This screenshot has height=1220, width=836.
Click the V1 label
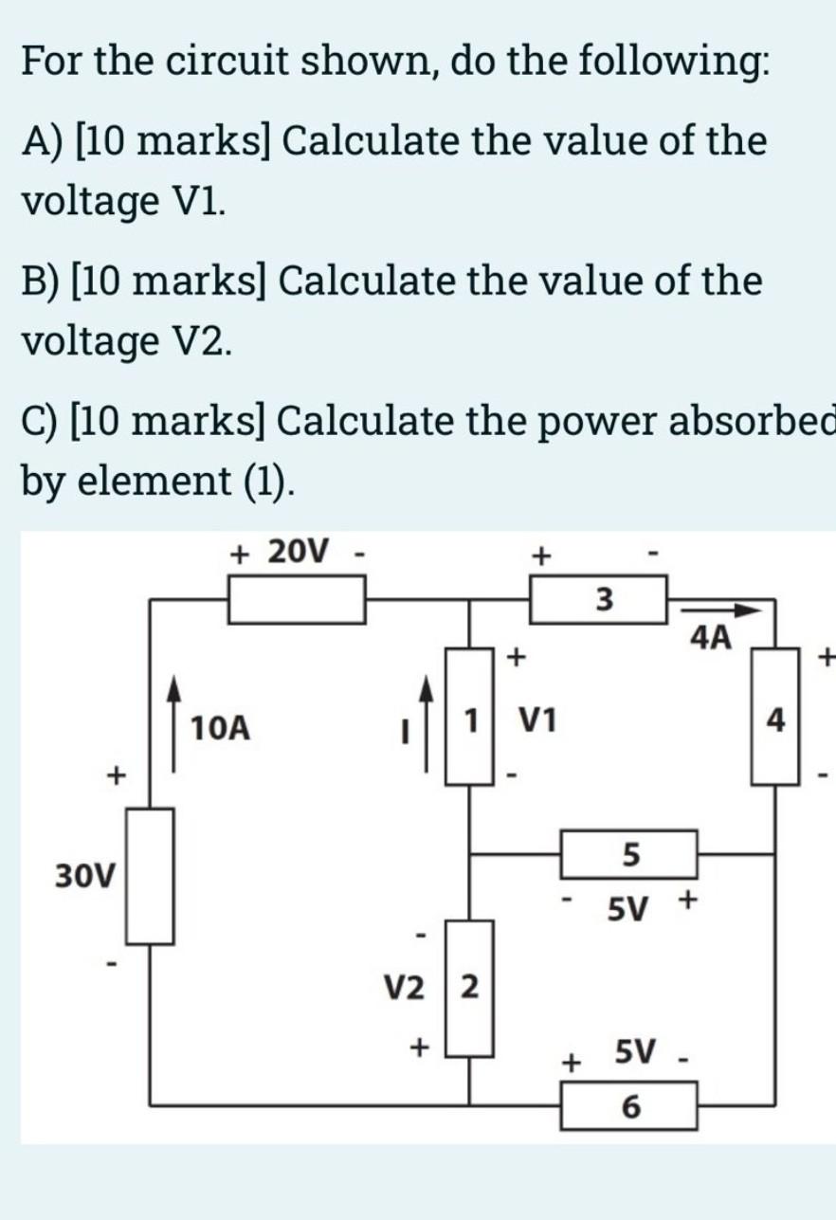pyautogui.click(x=537, y=722)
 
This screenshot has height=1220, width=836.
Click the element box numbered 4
pyautogui.click(x=775, y=722)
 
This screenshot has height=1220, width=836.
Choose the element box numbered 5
pyautogui.click(x=630, y=854)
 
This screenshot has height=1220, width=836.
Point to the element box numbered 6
pyautogui.click(x=630, y=1105)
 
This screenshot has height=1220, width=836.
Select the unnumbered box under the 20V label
pyautogui.click(x=297, y=600)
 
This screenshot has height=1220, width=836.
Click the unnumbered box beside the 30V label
pyautogui.click(x=150, y=875)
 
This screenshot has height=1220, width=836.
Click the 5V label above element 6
pyautogui.click(x=636, y=1051)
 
